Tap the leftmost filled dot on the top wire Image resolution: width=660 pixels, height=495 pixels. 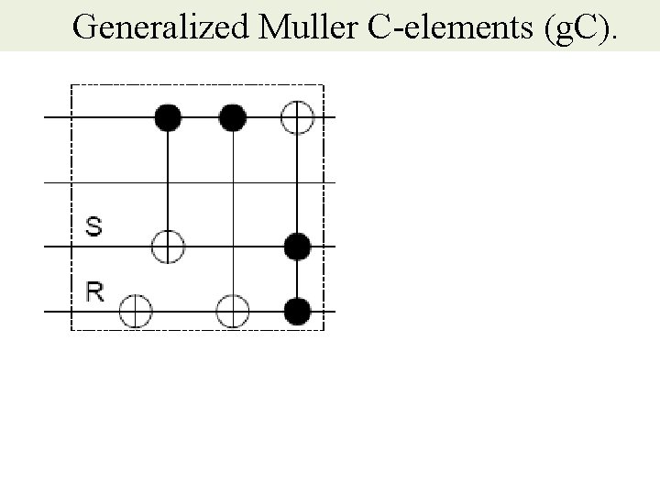pyautogui.click(x=168, y=117)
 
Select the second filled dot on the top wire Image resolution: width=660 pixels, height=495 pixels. pyautogui.click(x=233, y=117)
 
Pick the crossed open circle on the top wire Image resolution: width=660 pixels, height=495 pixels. pyautogui.click(x=298, y=117)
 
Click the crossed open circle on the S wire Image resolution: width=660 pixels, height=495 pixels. pyautogui.click(x=168, y=247)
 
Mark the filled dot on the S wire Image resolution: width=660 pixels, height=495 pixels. pyautogui.click(x=298, y=247)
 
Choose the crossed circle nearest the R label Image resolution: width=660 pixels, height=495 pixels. pyautogui.click(x=136, y=312)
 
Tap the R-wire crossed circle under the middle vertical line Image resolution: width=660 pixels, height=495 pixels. pyautogui.click(x=233, y=312)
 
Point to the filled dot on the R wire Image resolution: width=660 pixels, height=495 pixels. pyautogui.click(x=298, y=312)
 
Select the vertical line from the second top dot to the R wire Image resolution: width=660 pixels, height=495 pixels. pyautogui.click(x=233, y=211)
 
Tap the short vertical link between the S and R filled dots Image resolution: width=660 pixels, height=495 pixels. pyautogui.click(x=298, y=279)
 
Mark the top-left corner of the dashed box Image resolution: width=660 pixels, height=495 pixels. pyautogui.click(x=71, y=84)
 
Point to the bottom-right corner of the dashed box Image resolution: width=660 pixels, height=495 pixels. pyautogui.click(x=324, y=328)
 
